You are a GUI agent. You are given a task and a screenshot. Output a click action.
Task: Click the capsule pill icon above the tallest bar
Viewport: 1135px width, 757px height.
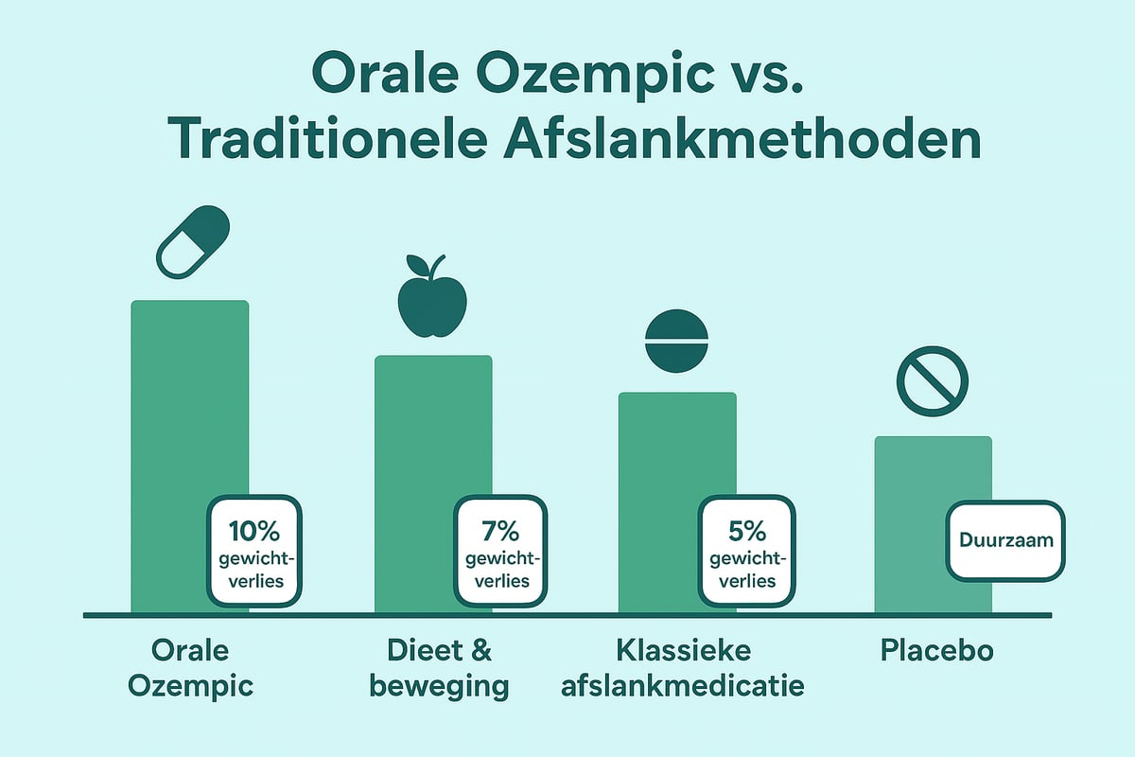pyautogui.click(x=193, y=242)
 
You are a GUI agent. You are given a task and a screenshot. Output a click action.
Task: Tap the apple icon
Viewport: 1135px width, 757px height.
pyautogui.click(x=432, y=296)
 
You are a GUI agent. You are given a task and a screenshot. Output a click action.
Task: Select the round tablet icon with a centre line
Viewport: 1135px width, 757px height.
pyautogui.click(x=676, y=342)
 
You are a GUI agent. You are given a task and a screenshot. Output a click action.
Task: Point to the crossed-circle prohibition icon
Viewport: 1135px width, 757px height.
pyautogui.click(x=933, y=381)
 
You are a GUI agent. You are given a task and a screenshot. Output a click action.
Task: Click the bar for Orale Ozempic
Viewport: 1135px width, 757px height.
pyautogui.click(x=189, y=457)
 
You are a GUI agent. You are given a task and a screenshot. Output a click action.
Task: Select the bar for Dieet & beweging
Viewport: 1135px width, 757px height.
pyautogui.click(x=433, y=484)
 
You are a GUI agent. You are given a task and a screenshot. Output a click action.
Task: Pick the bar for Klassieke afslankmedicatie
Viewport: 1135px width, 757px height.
pyautogui.click(x=677, y=502)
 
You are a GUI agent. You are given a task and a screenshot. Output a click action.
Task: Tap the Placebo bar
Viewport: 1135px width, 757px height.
pyautogui.click(x=933, y=525)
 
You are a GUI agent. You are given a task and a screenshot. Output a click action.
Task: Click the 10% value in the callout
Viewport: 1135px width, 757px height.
pyautogui.click(x=254, y=532)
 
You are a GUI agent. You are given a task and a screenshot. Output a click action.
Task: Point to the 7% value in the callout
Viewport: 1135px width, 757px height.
pyautogui.click(x=500, y=532)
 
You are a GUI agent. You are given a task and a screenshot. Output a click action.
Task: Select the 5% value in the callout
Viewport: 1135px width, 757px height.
pyautogui.click(x=747, y=532)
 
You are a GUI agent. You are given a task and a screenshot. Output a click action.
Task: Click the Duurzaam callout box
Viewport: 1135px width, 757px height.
pyautogui.click(x=1005, y=540)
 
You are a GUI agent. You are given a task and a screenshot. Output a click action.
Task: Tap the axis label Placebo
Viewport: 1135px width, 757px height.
pyautogui.click(x=937, y=650)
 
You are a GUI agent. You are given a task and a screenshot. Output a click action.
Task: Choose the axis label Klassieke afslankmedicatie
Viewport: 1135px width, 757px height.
pyautogui.click(x=683, y=668)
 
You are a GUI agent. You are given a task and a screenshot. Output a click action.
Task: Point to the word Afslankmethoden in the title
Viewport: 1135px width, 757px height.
pyautogui.click(x=742, y=138)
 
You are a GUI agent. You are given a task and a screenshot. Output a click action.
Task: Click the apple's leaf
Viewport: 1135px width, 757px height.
pyautogui.click(x=417, y=265)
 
